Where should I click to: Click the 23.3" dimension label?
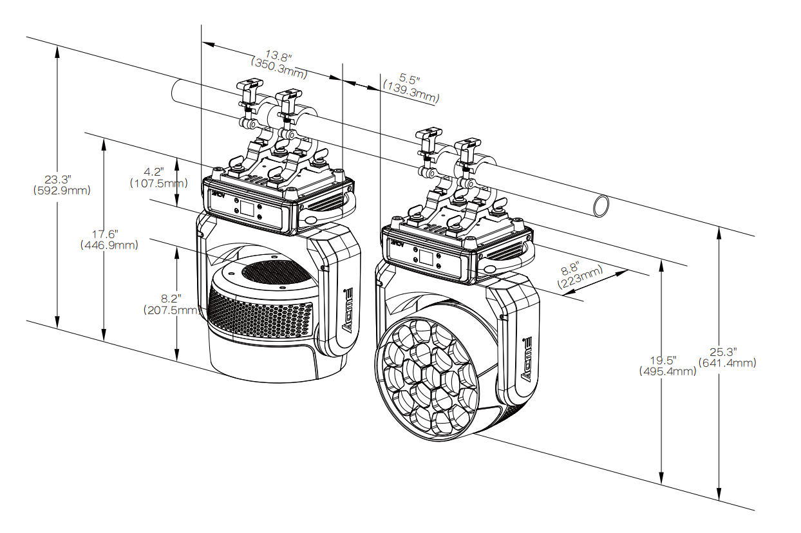(58, 179)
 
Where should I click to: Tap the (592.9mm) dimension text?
(62, 191)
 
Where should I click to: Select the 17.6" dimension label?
(105, 234)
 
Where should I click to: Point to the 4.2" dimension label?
(154, 172)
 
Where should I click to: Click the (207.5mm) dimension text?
(171, 310)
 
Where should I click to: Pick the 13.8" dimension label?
(278, 55)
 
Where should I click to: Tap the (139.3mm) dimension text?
(411, 92)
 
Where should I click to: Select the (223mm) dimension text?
(580, 277)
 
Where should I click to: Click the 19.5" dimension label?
(663, 360)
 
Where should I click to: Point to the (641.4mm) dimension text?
(728, 363)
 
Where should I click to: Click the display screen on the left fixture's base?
(247, 209)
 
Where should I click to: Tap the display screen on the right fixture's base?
(426, 258)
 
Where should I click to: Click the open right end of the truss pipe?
(601, 206)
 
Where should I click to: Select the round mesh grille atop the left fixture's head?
(276, 273)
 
